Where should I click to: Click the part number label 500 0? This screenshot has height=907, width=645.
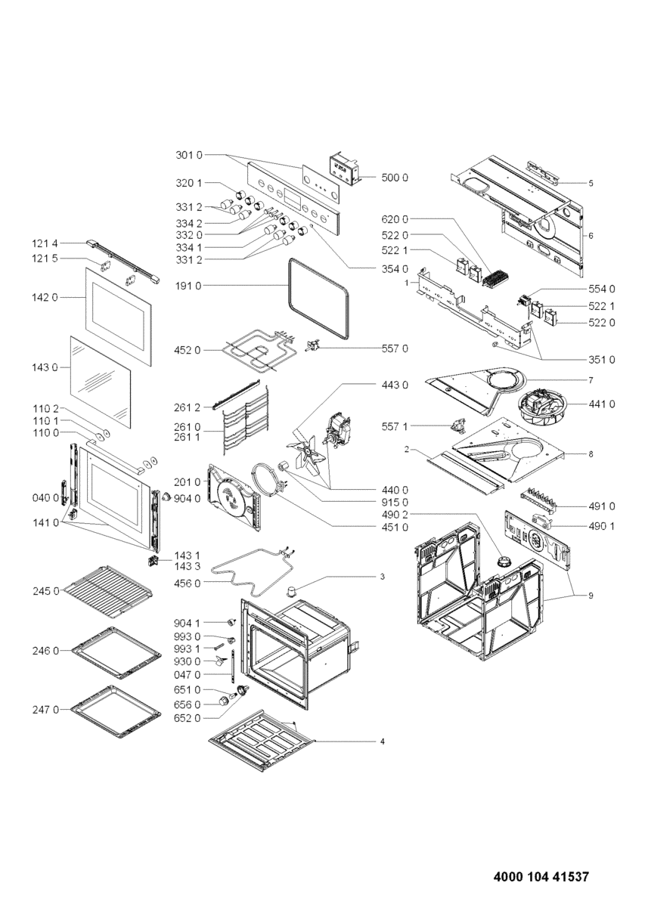(395, 178)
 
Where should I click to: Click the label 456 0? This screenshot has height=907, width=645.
(188, 583)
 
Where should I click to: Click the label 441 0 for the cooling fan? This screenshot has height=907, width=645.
(601, 404)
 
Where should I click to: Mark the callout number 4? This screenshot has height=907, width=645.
(383, 741)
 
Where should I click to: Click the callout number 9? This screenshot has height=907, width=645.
(591, 596)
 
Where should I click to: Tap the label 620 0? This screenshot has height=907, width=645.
(395, 219)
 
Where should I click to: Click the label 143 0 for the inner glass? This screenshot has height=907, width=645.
(45, 367)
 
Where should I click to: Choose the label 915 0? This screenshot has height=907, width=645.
(395, 503)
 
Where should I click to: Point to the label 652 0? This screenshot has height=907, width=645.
(188, 718)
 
